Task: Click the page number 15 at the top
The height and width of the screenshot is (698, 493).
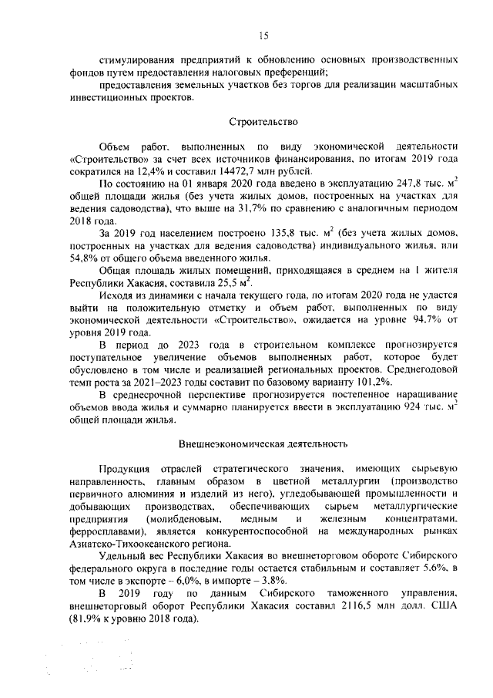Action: (263, 34)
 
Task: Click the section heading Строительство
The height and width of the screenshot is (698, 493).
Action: (262, 122)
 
